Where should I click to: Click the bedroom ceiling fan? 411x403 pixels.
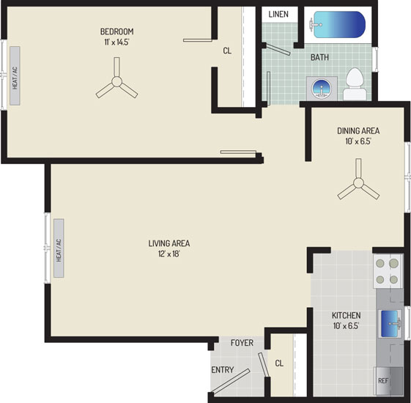(x=116, y=81)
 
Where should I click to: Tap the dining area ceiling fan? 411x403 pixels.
(x=358, y=182)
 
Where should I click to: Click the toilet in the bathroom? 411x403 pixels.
(x=355, y=84)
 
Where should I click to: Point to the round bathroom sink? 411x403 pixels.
(x=322, y=89)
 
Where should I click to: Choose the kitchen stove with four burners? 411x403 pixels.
(x=387, y=271)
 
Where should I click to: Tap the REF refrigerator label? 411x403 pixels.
(x=382, y=381)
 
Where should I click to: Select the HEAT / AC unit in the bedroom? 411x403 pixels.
(x=15, y=76)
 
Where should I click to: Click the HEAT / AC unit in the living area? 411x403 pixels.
(x=59, y=248)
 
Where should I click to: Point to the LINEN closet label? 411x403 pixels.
(x=278, y=14)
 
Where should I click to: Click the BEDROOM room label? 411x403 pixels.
(x=117, y=32)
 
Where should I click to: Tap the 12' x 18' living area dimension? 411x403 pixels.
(x=169, y=254)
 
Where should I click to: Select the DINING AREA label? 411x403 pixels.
(x=358, y=130)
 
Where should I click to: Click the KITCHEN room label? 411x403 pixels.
(x=347, y=315)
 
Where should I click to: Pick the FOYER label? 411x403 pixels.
(x=242, y=343)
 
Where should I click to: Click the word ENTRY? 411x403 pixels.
(x=223, y=370)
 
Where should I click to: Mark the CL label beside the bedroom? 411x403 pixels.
(x=227, y=51)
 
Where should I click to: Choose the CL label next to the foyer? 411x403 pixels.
(x=279, y=363)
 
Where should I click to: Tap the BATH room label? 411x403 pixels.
(x=319, y=57)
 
